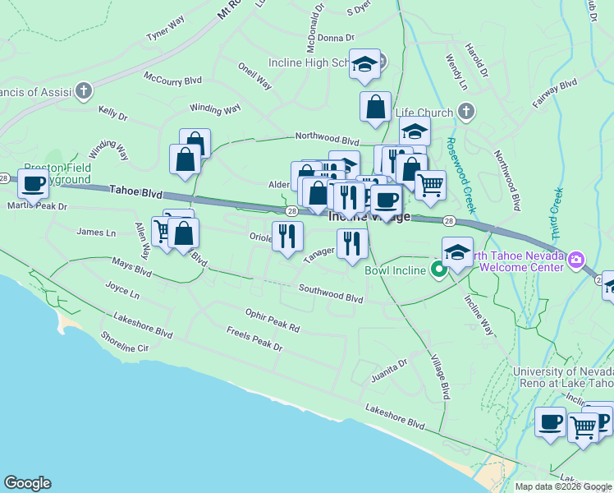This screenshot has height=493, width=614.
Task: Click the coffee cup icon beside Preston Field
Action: [x=33, y=183]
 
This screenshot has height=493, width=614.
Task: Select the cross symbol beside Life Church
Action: [x=465, y=112]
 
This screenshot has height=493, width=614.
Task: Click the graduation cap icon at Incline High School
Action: [x=364, y=65]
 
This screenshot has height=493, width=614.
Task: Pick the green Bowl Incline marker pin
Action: [x=439, y=269]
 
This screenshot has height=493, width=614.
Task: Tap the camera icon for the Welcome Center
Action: [x=576, y=260]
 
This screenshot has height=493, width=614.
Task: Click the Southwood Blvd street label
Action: [x=331, y=293]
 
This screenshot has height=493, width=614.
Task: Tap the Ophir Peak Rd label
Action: [x=273, y=320]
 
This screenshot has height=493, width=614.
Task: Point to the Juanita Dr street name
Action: [x=389, y=366]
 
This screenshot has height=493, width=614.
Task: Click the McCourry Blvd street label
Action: [x=172, y=80]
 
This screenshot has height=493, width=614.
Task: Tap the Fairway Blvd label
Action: [x=555, y=94]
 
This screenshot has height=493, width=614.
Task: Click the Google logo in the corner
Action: [x=27, y=483]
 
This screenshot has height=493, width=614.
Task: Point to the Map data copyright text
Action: [x=562, y=486]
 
